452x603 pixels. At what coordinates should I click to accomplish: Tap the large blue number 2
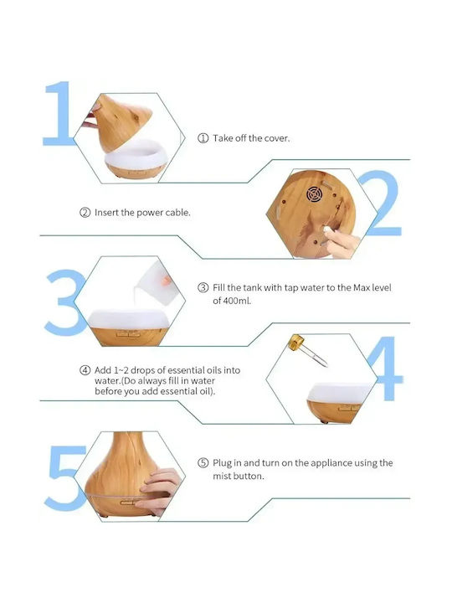click(x=383, y=204)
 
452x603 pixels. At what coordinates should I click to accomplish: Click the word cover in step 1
click(x=276, y=138)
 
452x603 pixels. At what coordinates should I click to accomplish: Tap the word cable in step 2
click(x=177, y=212)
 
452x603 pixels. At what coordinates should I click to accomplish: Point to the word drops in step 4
click(x=142, y=370)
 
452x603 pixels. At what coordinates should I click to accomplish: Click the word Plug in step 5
click(x=222, y=463)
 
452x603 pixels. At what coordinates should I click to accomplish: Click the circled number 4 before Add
click(x=85, y=370)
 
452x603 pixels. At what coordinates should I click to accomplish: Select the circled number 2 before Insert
click(x=85, y=212)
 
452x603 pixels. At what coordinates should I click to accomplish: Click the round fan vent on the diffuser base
click(x=314, y=194)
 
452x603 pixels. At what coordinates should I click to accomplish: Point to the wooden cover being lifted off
click(x=122, y=122)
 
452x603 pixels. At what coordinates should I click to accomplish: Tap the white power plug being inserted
click(x=328, y=229)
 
